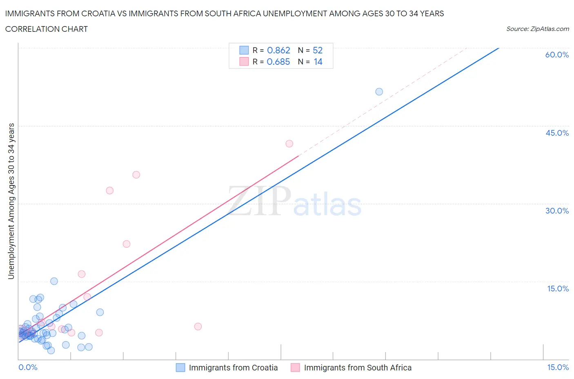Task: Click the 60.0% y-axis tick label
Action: (x=557, y=55)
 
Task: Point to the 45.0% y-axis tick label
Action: (x=557, y=133)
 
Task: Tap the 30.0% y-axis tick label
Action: (x=557, y=211)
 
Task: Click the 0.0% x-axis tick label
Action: (x=28, y=367)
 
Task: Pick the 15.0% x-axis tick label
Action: (x=558, y=367)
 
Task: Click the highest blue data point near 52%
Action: (x=379, y=92)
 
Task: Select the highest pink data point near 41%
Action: (x=289, y=143)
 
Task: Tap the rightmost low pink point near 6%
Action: (x=198, y=326)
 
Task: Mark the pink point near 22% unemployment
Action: (x=127, y=244)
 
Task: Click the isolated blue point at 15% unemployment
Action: (x=54, y=281)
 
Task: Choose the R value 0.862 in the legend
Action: (x=278, y=50)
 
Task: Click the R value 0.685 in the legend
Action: (x=278, y=62)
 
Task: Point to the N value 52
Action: (x=318, y=50)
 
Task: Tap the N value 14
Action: (x=318, y=62)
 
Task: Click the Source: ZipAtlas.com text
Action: (x=537, y=29)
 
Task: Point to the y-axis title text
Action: (x=11, y=201)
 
